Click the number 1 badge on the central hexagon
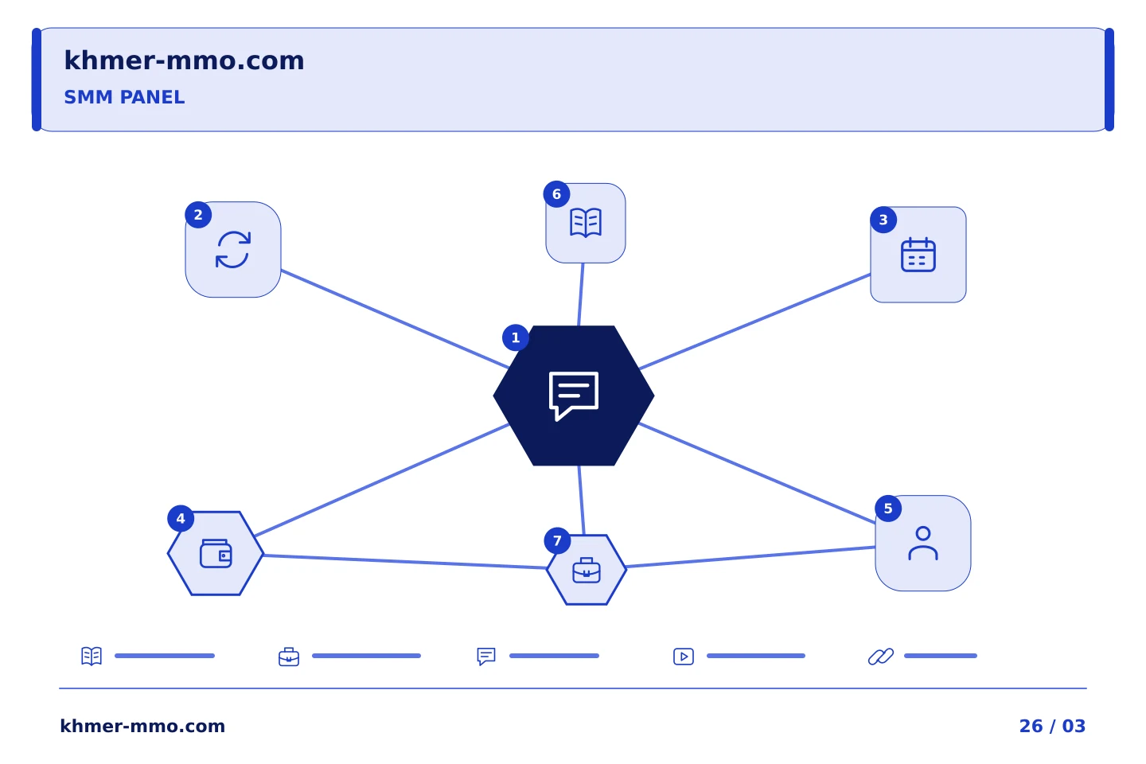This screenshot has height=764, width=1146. pyautogui.click(x=516, y=337)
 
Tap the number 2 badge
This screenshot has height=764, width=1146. pyautogui.click(x=198, y=215)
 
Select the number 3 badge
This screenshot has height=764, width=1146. pyautogui.click(x=883, y=220)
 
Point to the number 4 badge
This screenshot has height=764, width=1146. pyautogui.click(x=181, y=519)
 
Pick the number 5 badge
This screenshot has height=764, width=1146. pyautogui.click(x=888, y=509)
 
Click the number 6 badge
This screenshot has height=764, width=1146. pyautogui.click(x=556, y=194)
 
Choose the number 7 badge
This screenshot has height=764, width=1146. pyautogui.click(x=557, y=541)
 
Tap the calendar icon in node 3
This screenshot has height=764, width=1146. pyautogui.click(x=918, y=255)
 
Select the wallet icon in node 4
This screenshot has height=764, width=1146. pyautogui.click(x=216, y=554)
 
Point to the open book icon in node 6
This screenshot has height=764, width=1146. pyautogui.click(x=586, y=223)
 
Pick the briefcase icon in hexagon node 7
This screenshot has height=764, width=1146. pyautogui.click(x=587, y=570)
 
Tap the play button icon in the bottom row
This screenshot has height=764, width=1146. pyautogui.click(x=684, y=657)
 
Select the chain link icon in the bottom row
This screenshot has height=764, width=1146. pyautogui.click(x=881, y=657)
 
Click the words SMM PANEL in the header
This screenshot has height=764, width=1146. pyautogui.click(x=124, y=97)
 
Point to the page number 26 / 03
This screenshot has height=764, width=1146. pyautogui.click(x=1052, y=726)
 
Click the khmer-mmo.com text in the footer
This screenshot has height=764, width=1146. pyautogui.click(x=142, y=726)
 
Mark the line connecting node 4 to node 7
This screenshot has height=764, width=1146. pyautogui.click(x=404, y=562)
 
